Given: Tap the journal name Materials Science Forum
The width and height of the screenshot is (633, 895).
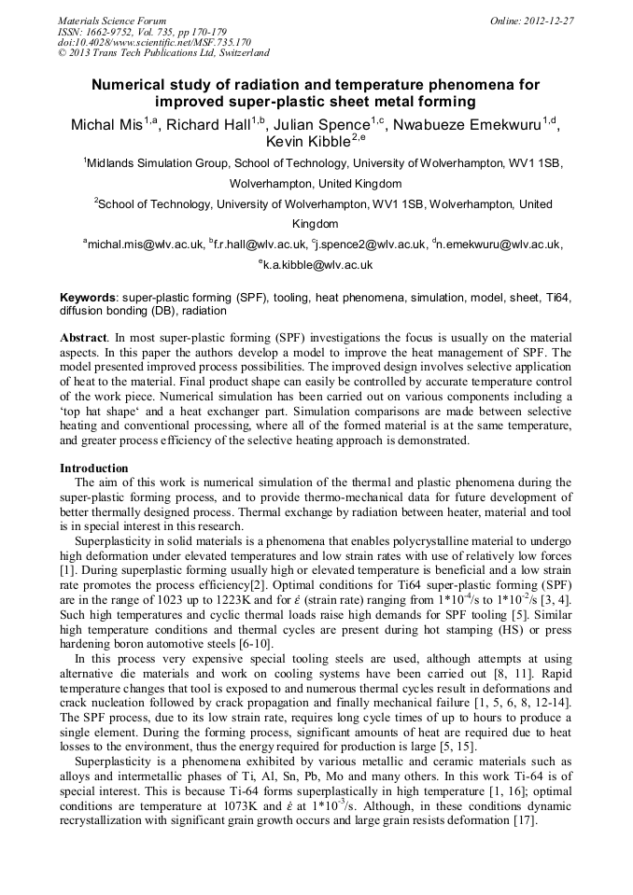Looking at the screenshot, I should pyautogui.click(x=112, y=21).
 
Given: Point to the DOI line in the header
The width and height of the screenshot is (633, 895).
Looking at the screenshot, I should pyautogui.click(x=154, y=42).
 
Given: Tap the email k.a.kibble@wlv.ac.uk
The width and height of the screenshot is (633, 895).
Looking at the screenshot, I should pyautogui.click(x=319, y=265).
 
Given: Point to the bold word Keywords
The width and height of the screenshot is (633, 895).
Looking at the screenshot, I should pyautogui.click(x=87, y=297).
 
